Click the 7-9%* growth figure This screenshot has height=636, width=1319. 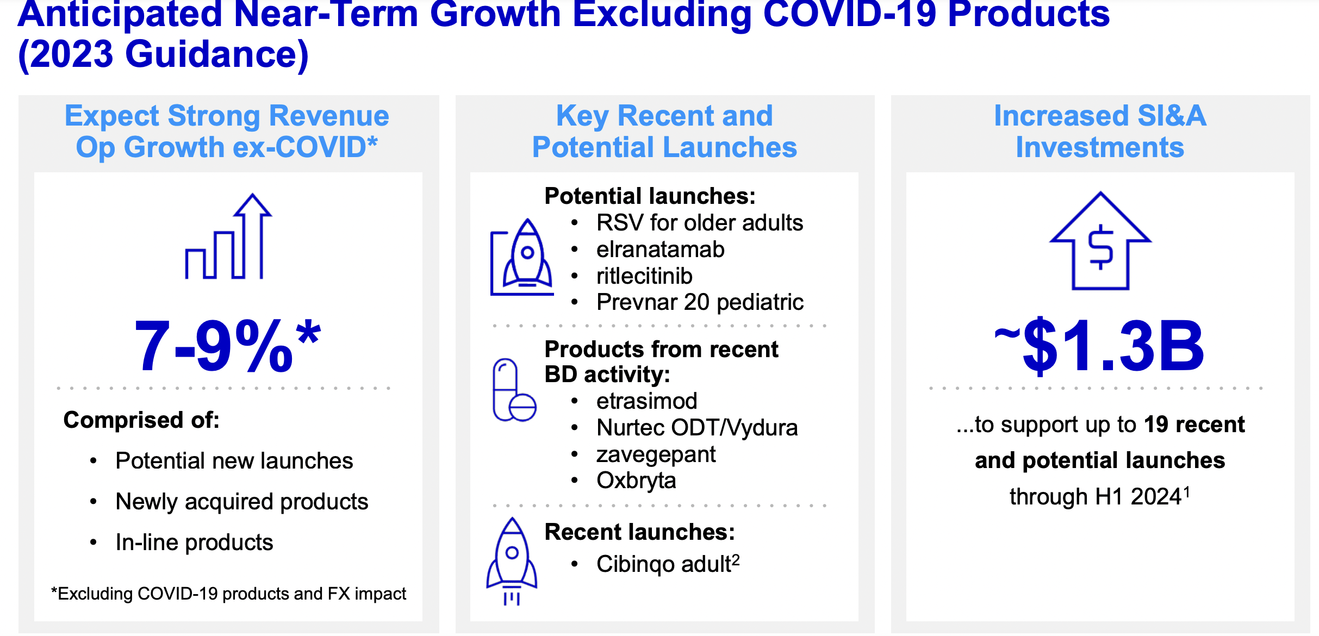point(227,346)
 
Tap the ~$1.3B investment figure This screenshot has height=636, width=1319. point(1099,346)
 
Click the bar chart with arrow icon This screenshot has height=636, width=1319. point(228,236)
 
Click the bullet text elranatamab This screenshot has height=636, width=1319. point(660,250)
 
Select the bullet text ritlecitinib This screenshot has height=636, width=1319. point(644,276)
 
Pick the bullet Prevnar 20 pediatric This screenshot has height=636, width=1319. point(700,302)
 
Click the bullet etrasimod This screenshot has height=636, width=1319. point(646,401)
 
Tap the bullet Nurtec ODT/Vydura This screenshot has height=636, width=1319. point(697,428)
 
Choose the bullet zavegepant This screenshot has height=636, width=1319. point(656,455)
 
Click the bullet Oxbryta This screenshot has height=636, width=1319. point(636,481)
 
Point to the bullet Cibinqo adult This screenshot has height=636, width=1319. point(668,564)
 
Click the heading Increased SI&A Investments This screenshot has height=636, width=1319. point(1100,131)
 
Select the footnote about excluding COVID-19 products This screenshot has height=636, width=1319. point(228,594)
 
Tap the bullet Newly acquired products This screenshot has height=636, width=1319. point(242,502)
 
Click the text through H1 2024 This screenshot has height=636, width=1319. point(1100,496)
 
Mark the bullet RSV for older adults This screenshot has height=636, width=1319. point(700,223)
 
